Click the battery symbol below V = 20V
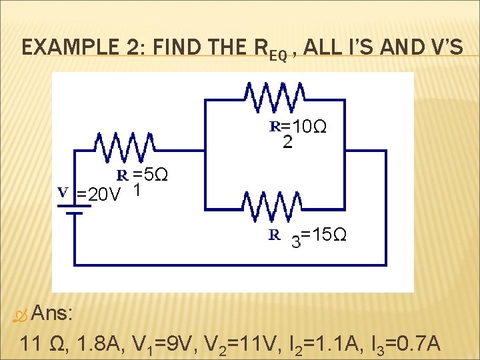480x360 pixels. pos(73,209)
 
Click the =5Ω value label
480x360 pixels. pos(149,175)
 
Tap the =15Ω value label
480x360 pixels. pos(323,235)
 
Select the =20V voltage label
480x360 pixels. pos(98,195)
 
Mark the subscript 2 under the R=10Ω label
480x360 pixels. pos(287,142)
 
